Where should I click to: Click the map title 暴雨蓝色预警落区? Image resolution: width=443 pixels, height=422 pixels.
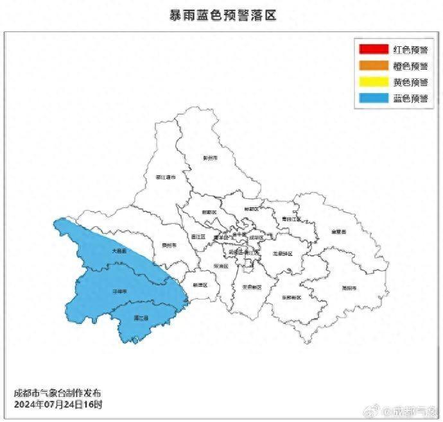click(x=221, y=15)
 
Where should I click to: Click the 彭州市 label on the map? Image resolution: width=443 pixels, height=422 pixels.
click(x=210, y=157)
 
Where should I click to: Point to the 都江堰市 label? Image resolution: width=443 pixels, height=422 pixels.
click(x=165, y=177)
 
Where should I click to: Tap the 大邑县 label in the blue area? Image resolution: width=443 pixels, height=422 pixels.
click(x=119, y=251)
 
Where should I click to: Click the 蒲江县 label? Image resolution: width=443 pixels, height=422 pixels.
click(x=142, y=318)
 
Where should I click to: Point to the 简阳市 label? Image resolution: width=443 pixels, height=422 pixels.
click(x=349, y=288)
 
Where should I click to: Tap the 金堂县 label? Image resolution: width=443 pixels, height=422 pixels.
click(x=338, y=231)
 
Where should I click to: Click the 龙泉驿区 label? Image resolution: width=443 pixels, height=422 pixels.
click(x=282, y=253)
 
